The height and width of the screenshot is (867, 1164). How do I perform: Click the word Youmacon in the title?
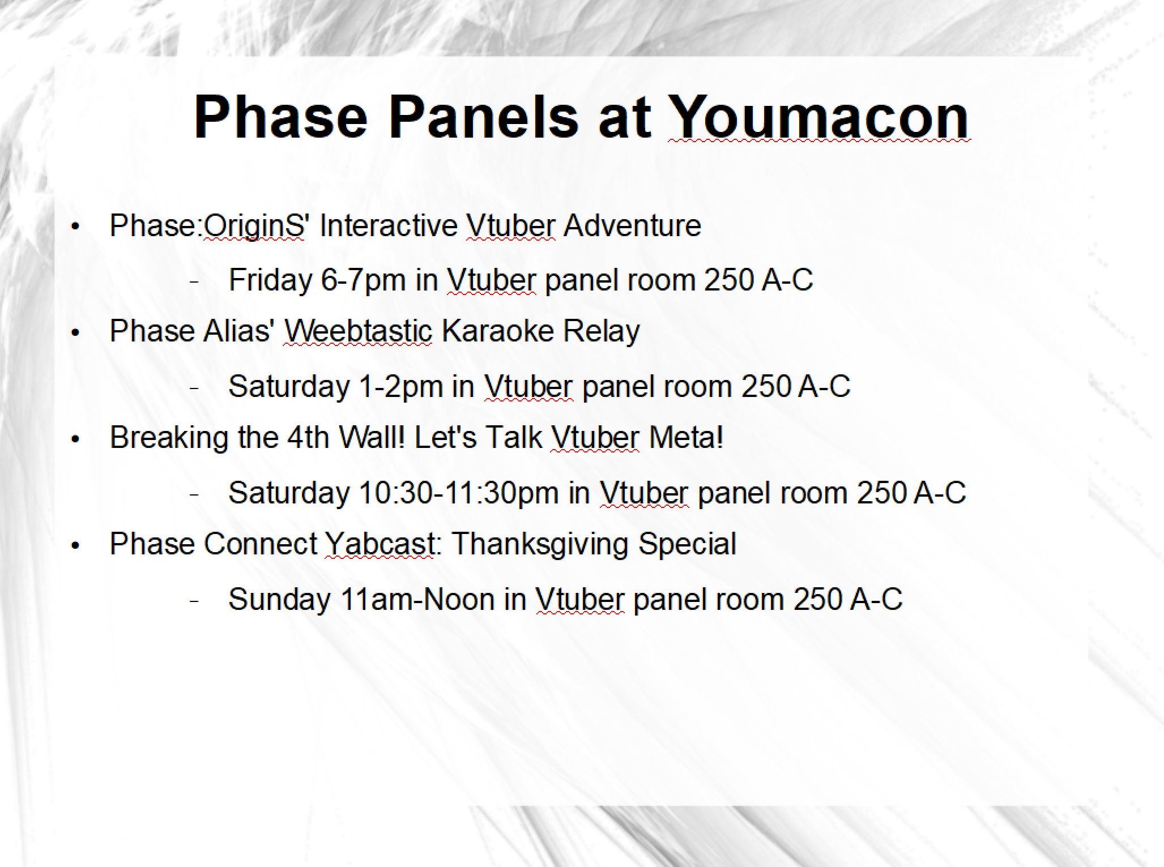pos(818,117)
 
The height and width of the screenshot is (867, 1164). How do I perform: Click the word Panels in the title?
pos(484,117)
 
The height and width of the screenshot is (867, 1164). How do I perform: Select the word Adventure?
pos(632,225)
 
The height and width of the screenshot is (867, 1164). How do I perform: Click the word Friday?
pos(270,280)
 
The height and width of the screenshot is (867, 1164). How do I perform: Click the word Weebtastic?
pos(358,331)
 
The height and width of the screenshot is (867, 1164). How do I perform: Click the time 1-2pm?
pos(401,387)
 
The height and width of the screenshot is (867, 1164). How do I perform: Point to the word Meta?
pos(686,437)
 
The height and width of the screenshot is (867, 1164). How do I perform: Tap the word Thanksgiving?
pos(540,545)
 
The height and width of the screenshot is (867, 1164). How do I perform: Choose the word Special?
pos(687,545)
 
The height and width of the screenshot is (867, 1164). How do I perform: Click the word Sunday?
pos(280,600)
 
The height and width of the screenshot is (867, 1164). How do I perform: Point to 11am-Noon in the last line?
pos(418,599)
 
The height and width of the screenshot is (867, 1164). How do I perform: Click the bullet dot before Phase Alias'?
pos(75,333)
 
